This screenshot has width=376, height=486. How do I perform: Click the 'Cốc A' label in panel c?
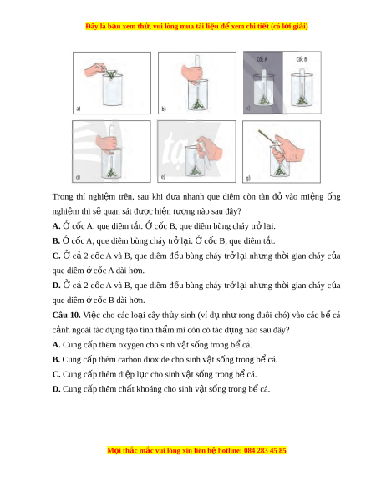pyautogui.click(x=262, y=59)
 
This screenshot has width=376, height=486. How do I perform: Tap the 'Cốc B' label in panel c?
pyautogui.click(x=302, y=59)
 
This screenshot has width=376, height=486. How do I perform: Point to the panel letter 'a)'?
pyautogui.click(x=79, y=109)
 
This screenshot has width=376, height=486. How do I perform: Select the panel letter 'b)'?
pyautogui.click(x=164, y=109)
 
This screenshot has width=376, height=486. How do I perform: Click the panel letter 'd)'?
pyautogui.click(x=79, y=177)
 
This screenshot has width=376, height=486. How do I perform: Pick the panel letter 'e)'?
pyautogui.click(x=163, y=177)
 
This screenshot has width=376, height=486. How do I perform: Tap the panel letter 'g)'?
pyautogui.click(x=248, y=178)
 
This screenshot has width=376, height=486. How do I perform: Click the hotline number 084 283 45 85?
pyautogui.click(x=265, y=450)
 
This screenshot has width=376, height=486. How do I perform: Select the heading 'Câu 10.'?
pyautogui.click(x=66, y=315)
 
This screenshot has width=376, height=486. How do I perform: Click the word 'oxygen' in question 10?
pyautogui.click(x=130, y=345)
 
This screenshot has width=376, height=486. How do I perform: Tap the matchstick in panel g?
pyautogui.click(x=267, y=137)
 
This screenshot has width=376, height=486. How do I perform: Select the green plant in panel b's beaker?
pyautogui.click(x=197, y=104)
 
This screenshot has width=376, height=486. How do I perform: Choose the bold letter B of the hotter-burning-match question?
pyautogui.click(x=56, y=241)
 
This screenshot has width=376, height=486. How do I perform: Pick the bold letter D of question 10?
pyautogui.click(x=56, y=389)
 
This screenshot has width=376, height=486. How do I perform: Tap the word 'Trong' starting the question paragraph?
pyautogui.click(x=63, y=197)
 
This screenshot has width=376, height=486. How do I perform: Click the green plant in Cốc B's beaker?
pyautogui.click(x=302, y=100)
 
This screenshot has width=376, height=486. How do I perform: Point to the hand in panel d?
pyautogui.click(x=106, y=143)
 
